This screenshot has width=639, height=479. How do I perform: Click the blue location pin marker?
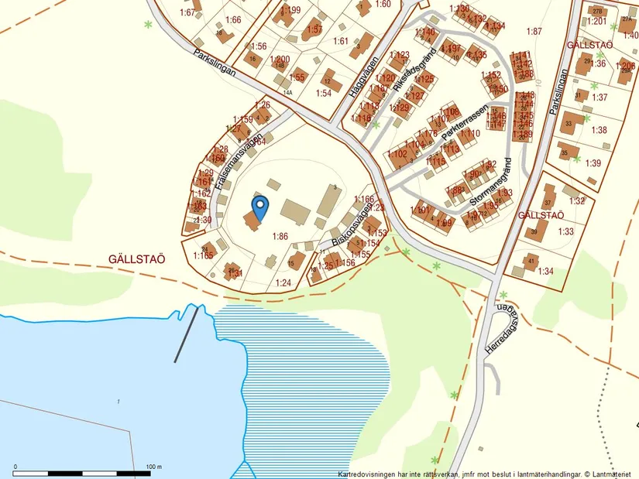click(260, 207)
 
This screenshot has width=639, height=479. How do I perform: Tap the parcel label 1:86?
click(280, 236)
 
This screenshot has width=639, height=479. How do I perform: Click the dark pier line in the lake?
click(189, 334)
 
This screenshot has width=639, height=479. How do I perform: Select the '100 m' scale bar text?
click(153, 467)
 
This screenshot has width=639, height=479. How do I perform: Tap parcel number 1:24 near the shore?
click(283, 282)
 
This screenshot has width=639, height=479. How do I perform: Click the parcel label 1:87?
click(534, 31)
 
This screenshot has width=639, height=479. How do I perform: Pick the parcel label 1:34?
click(545, 271)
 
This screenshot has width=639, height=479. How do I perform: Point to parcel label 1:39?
click(593, 163)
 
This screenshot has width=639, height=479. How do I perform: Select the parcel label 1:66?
click(233, 19)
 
